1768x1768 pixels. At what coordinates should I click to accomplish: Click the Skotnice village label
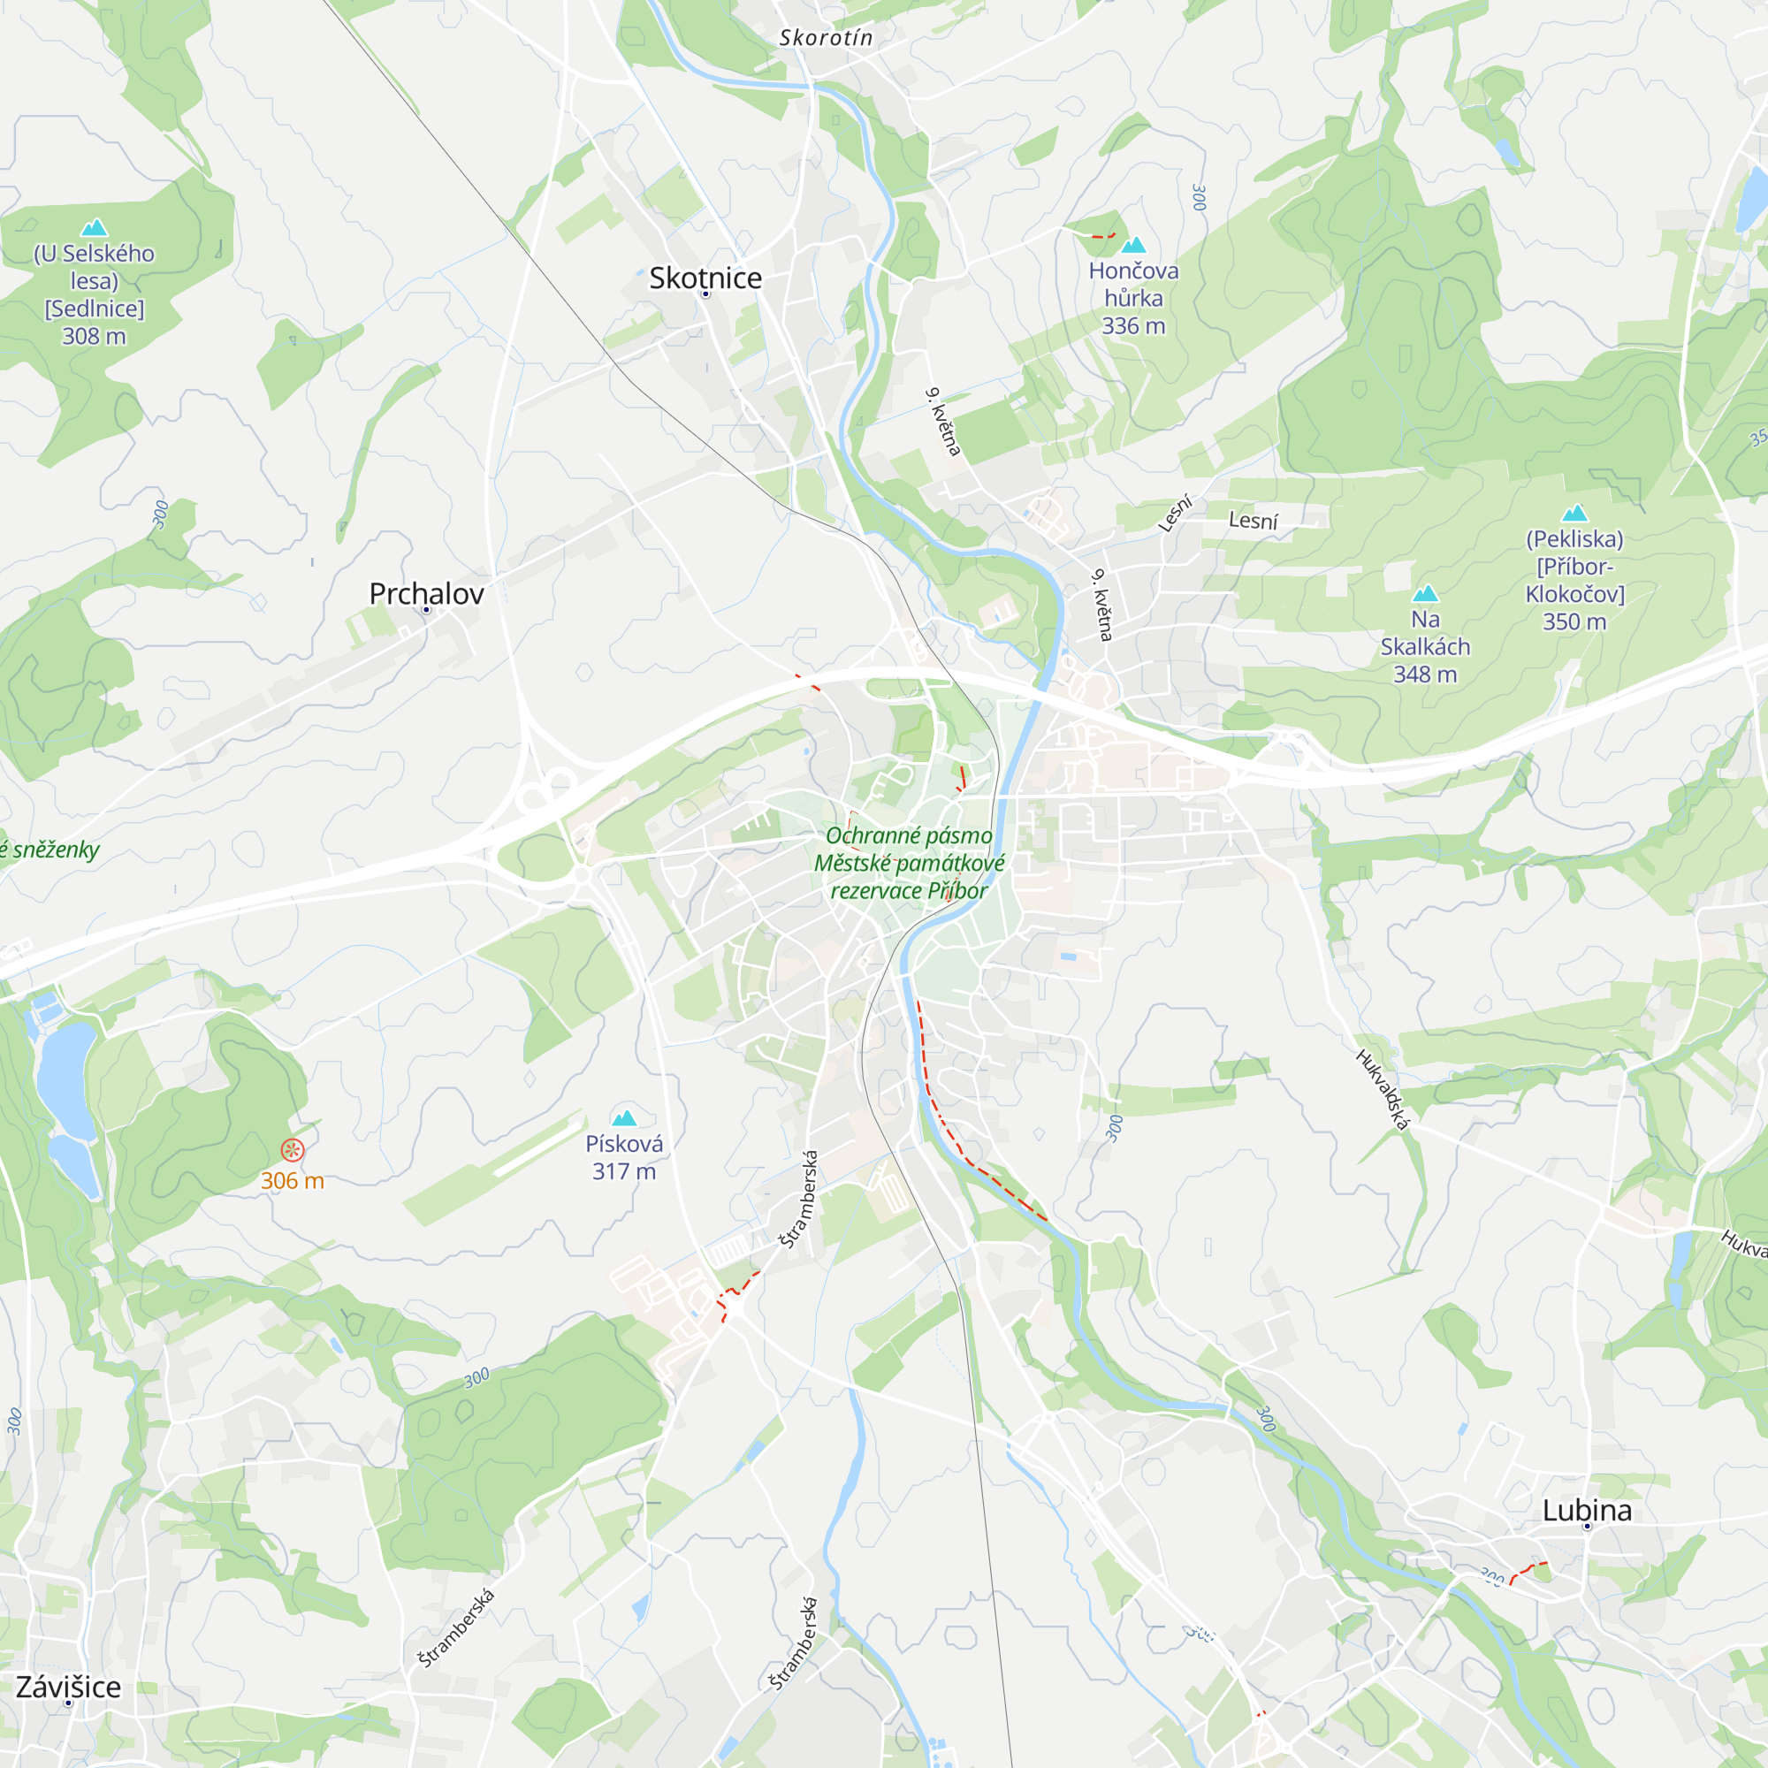(705, 278)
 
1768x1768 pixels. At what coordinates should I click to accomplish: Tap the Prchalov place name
(426, 593)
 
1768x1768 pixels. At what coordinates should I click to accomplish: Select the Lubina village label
(1587, 1510)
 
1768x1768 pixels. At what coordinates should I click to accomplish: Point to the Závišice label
(69, 1687)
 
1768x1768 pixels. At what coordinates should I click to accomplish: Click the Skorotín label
(826, 37)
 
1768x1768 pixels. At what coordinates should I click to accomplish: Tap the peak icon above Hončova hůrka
(1133, 244)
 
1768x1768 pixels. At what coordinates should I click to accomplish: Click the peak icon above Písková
(624, 1117)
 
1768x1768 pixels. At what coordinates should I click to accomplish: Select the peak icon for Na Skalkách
(1425, 594)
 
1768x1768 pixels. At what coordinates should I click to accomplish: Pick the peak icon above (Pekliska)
(1574, 514)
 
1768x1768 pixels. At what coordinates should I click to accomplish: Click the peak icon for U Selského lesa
(95, 228)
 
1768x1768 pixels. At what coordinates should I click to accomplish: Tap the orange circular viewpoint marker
(292, 1149)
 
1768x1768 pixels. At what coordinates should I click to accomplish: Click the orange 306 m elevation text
(292, 1180)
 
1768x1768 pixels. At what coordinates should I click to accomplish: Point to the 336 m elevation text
(1133, 326)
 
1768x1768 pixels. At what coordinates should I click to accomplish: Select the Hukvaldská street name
(1382, 1090)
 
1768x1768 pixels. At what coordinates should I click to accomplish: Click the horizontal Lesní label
(1253, 521)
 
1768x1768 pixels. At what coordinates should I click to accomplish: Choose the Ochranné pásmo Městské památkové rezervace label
(909, 862)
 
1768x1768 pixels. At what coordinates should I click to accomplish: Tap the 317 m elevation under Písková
(624, 1171)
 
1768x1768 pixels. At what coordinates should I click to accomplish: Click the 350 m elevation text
(1574, 621)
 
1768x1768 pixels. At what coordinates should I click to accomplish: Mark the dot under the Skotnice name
(705, 294)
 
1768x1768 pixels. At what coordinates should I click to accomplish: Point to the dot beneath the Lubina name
(1587, 1527)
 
